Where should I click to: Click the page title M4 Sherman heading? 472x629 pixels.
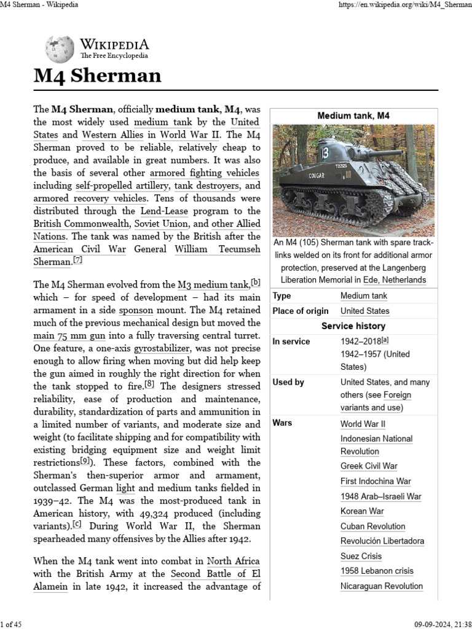(97, 76)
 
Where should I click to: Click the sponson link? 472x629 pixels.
(135, 310)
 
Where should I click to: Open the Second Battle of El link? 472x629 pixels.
(216, 573)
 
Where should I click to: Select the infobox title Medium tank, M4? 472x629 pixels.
(353, 115)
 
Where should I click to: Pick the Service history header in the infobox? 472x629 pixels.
(353, 326)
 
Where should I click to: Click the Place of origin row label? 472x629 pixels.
(300, 311)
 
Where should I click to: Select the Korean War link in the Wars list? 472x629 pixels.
(362, 511)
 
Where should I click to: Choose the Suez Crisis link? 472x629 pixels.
(361, 556)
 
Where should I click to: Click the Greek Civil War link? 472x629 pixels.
(369, 466)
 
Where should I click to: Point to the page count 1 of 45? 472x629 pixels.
(12, 624)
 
